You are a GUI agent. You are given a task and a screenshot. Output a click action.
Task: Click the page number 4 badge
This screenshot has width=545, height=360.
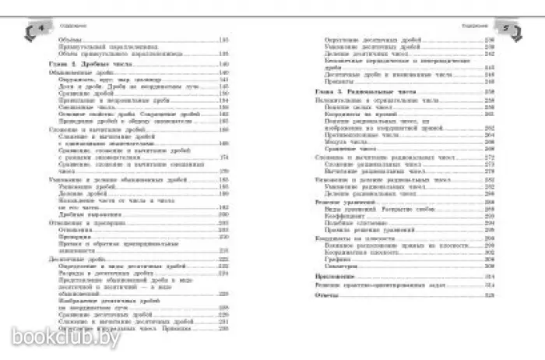32,29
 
